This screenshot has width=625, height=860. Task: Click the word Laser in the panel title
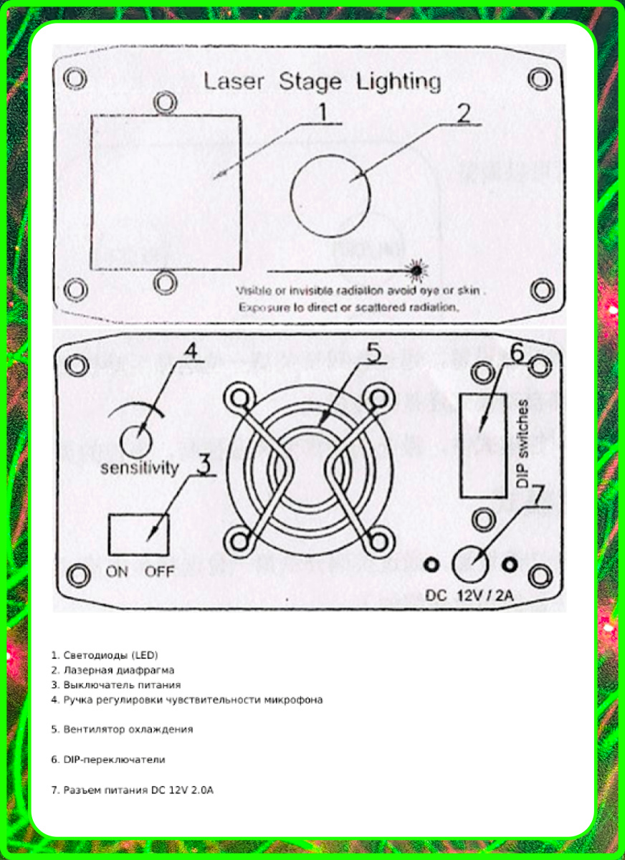(x=234, y=82)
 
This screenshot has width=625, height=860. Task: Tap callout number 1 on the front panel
(x=323, y=112)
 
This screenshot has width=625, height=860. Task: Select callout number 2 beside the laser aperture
(x=464, y=113)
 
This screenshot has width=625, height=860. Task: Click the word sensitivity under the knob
(x=140, y=468)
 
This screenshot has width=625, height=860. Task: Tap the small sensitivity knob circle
(x=136, y=442)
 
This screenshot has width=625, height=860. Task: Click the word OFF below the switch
(x=159, y=572)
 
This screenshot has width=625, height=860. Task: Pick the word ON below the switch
(x=117, y=572)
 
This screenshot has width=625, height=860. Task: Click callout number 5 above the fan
(x=373, y=353)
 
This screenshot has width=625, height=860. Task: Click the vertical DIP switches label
(x=523, y=444)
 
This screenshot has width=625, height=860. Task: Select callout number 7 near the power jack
(x=537, y=496)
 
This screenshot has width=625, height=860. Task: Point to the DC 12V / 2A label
(x=469, y=596)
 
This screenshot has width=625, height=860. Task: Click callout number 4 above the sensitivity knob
(x=190, y=350)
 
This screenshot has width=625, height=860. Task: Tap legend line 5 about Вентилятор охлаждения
(x=122, y=729)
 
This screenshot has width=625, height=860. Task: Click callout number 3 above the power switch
(x=204, y=464)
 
